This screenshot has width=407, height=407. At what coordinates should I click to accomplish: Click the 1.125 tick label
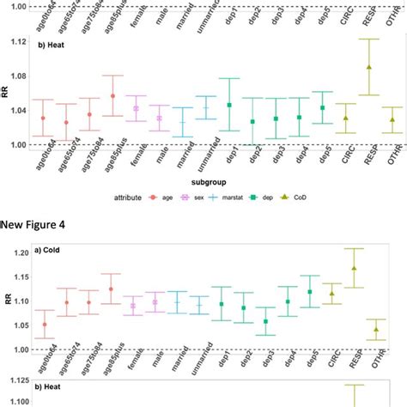[x=12, y=379]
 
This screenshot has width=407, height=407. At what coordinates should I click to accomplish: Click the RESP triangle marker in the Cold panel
[x=354, y=269]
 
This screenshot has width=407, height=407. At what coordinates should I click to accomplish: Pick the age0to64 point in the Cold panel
[x=45, y=325]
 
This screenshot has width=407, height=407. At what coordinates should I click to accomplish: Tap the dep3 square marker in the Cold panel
[x=265, y=321]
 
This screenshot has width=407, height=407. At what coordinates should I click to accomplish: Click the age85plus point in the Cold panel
[x=111, y=289]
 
